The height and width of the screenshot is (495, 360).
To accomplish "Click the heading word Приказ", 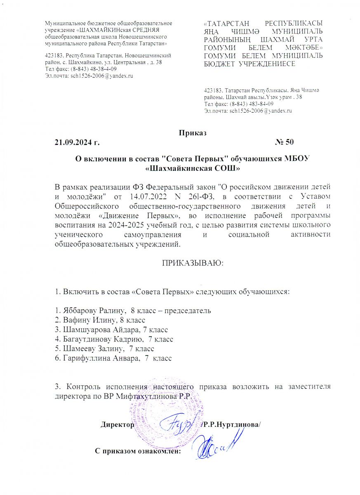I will [193, 133].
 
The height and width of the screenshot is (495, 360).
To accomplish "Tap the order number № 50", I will [284, 143].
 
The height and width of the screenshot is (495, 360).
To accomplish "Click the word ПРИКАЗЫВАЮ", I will [192, 263].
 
